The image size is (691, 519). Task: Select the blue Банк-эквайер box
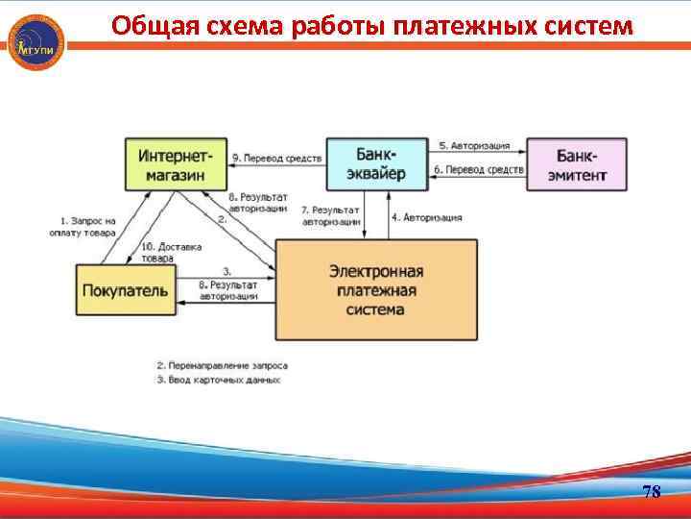point(379,163)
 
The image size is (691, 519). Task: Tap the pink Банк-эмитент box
point(577,163)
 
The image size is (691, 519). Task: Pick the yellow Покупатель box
point(126,289)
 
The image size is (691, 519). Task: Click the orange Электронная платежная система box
point(376,289)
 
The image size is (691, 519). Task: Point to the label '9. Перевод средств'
point(275,156)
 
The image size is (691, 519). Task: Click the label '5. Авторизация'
point(474,146)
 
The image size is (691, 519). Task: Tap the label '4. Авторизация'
point(426,217)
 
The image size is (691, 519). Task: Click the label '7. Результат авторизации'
point(330,214)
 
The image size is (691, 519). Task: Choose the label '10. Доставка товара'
point(171,252)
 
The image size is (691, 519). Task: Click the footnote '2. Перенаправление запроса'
point(222,365)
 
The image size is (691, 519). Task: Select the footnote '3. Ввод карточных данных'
point(218,380)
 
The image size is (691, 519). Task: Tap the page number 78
point(651,492)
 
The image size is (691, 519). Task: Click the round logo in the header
point(36,40)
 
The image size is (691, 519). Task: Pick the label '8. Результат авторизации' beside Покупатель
point(228,290)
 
